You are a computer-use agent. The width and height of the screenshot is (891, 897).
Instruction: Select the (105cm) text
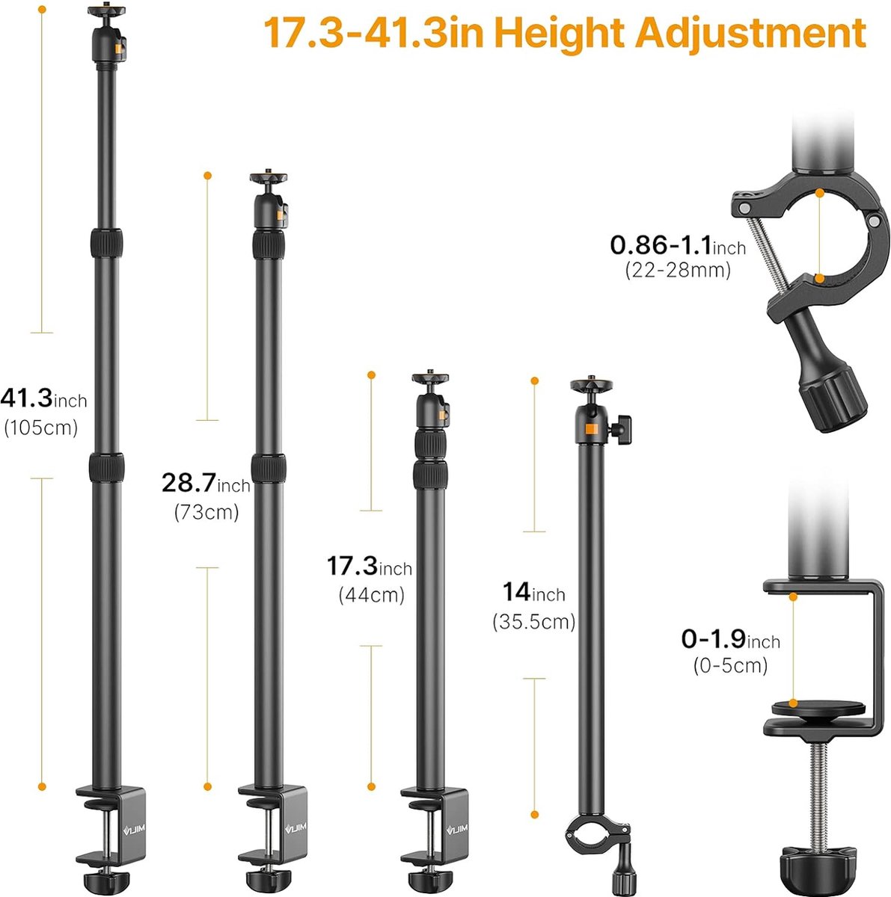pos(41,428)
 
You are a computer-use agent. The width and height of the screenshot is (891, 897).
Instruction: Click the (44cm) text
pos(371,595)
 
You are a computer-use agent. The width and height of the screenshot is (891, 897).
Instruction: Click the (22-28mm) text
pos(678,270)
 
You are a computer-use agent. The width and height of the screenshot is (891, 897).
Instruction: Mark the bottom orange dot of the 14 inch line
pos(534,815)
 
